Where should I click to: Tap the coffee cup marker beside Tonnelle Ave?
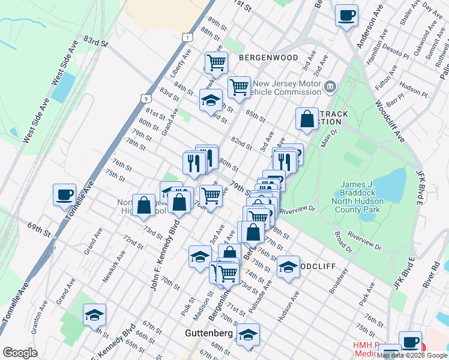(x=64, y=194)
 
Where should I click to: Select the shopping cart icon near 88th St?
(x=216, y=61)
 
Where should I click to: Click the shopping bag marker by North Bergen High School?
(x=144, y=205)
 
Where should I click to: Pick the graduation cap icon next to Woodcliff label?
(x=288, y=266)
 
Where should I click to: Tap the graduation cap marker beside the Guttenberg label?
(x=247, y=335)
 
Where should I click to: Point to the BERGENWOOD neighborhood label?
(x=268, y=58)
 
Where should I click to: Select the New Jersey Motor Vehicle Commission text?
(x=286, y=88)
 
